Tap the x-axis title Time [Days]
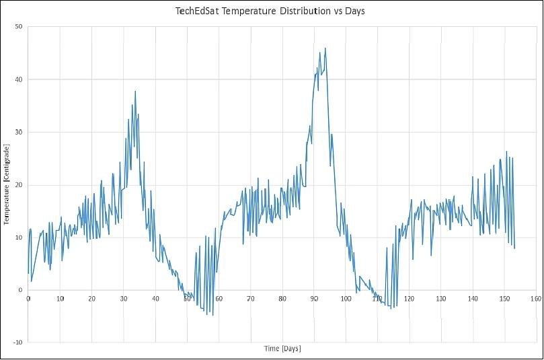pos(282,349)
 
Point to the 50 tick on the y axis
pos(19,27)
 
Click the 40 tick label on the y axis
pos(19,79)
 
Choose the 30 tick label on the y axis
pos(19,132)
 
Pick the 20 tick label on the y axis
pos(19,185)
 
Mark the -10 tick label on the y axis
pos(17,343)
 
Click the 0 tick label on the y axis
pos(21,290)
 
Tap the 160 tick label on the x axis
pos(536,297)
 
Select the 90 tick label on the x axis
pos(313,297)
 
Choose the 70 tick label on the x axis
pos(250,297)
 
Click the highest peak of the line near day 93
pos(325,48)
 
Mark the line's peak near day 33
pos(135,92)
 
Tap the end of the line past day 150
pos(514,248)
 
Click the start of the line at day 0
pos(28,273)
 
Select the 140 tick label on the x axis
pos(473,297)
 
